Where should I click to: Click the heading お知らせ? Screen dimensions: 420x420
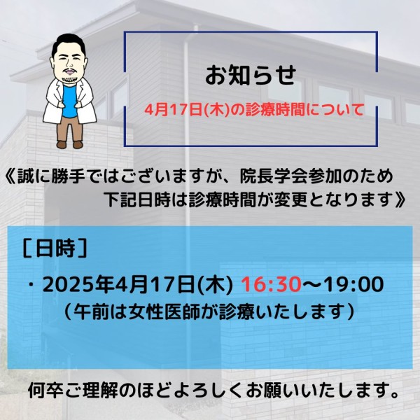[x=251, y=76]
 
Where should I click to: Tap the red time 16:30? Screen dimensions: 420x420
[x=272, y=284]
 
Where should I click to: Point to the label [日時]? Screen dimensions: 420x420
[x=55, y=248]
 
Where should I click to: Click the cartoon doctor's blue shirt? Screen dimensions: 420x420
[x=69, y=101]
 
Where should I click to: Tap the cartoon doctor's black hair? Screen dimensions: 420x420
[x=69, y=43]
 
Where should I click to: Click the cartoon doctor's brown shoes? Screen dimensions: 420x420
[x=69, y=145]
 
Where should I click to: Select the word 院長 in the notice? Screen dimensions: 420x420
[x=257, y=177]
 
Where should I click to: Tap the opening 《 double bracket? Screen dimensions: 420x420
[x=10, y=177]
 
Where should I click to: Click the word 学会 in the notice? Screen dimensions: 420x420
[x=291, y=177]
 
